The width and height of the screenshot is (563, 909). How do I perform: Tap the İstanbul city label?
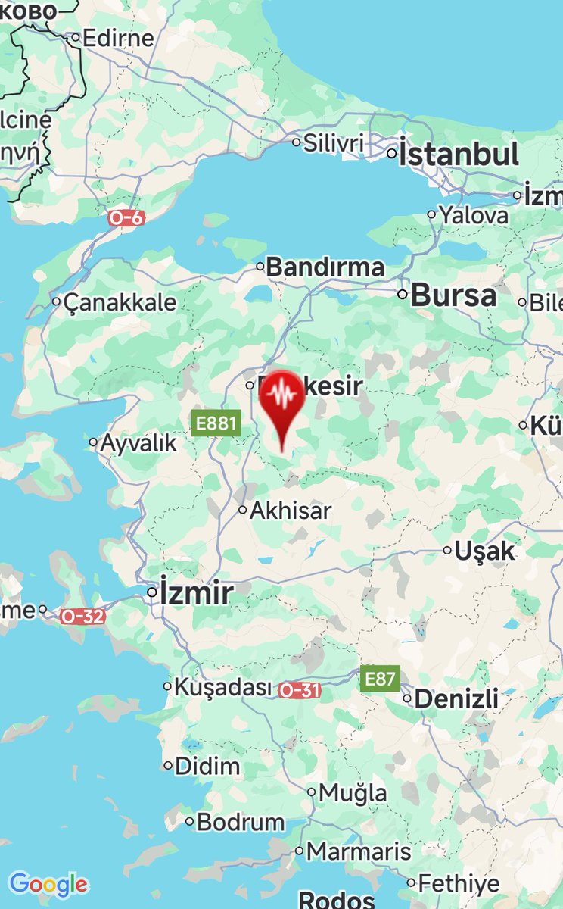459,155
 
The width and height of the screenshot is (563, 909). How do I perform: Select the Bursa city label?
453,295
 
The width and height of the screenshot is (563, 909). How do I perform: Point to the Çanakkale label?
120,303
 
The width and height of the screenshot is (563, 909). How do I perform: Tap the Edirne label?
117,38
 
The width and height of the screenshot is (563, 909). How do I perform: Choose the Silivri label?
334,142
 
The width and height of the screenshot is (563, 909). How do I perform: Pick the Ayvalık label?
138,442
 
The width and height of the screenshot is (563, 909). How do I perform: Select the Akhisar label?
291,511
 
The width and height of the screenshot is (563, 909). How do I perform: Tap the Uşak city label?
484,551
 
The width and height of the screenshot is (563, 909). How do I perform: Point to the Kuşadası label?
222,688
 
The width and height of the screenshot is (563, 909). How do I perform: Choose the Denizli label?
456,698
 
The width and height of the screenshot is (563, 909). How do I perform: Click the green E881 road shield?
216,423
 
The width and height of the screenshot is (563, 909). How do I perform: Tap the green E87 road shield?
379,679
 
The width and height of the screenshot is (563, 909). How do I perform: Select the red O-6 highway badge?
126,218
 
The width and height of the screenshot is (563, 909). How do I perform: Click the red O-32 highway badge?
83,616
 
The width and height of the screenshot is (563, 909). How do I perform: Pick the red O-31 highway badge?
300,690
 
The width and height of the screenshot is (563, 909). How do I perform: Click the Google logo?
48,884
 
